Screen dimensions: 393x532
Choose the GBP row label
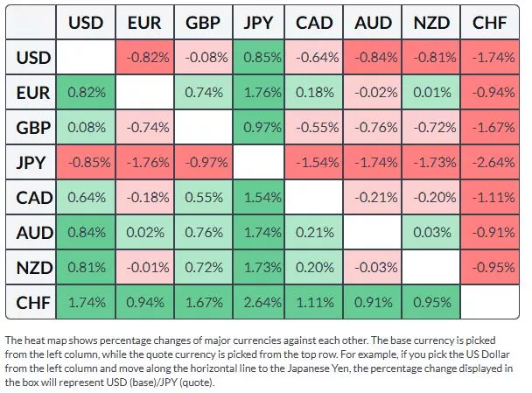34,128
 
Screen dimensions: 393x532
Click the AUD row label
34,234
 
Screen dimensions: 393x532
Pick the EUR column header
144,23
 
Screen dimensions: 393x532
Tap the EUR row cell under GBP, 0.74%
202,93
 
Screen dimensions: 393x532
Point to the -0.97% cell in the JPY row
202,163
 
